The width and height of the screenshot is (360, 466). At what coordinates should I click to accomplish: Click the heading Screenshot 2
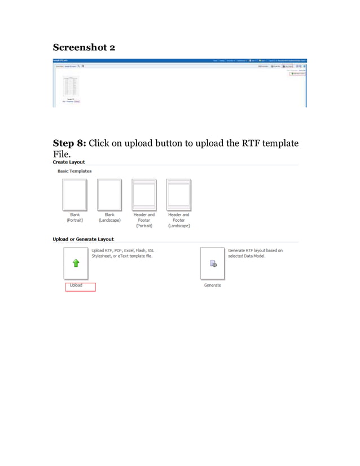click(84, 47)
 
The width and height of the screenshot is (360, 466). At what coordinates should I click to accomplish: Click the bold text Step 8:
click(69, 143)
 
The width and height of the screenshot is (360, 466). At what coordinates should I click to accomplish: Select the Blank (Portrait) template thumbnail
click(74, 195)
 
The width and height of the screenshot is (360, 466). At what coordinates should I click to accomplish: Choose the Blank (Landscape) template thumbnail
click(109, 195)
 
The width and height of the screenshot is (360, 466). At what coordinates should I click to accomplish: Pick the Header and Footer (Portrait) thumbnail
click(144, 195)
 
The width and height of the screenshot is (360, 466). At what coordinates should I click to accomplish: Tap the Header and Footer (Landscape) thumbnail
click(178, 195)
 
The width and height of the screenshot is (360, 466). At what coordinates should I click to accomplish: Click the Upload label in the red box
click(76, 285)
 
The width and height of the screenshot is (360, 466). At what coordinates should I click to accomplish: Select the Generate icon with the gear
click(213, 263)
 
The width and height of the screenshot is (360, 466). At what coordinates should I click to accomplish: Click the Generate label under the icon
click(213, 285)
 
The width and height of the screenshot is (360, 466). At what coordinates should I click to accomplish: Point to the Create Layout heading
click(69, 162)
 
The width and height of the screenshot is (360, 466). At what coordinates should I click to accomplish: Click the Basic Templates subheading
click(74, 171)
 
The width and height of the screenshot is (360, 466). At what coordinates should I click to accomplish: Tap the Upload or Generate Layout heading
click(83, 239)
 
